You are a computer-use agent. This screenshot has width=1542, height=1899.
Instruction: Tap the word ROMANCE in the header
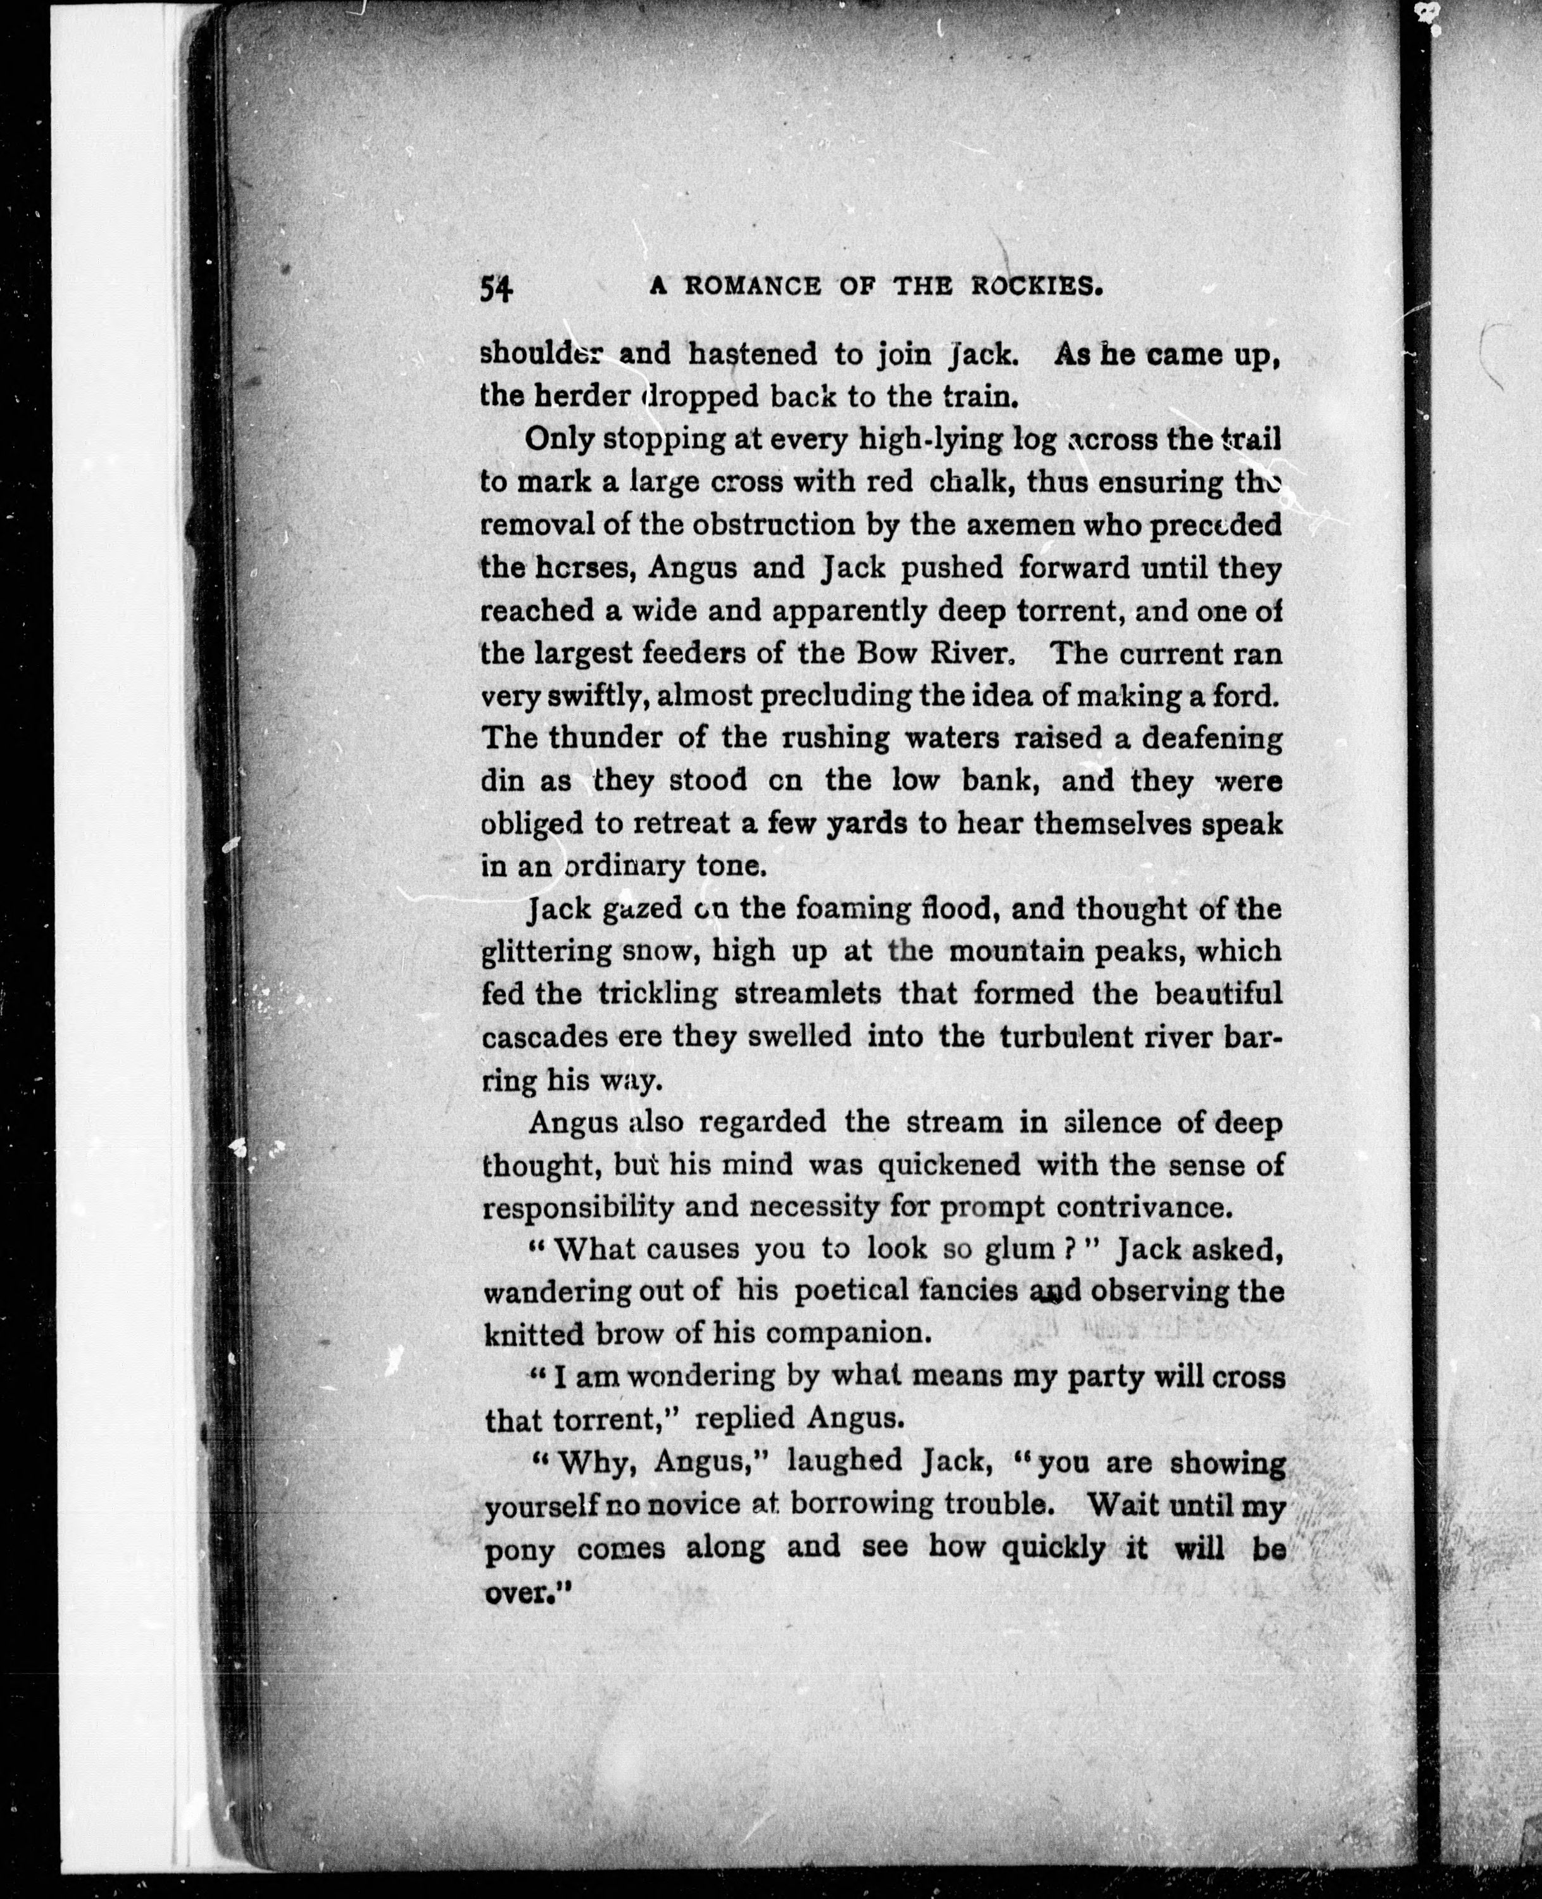753,286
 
